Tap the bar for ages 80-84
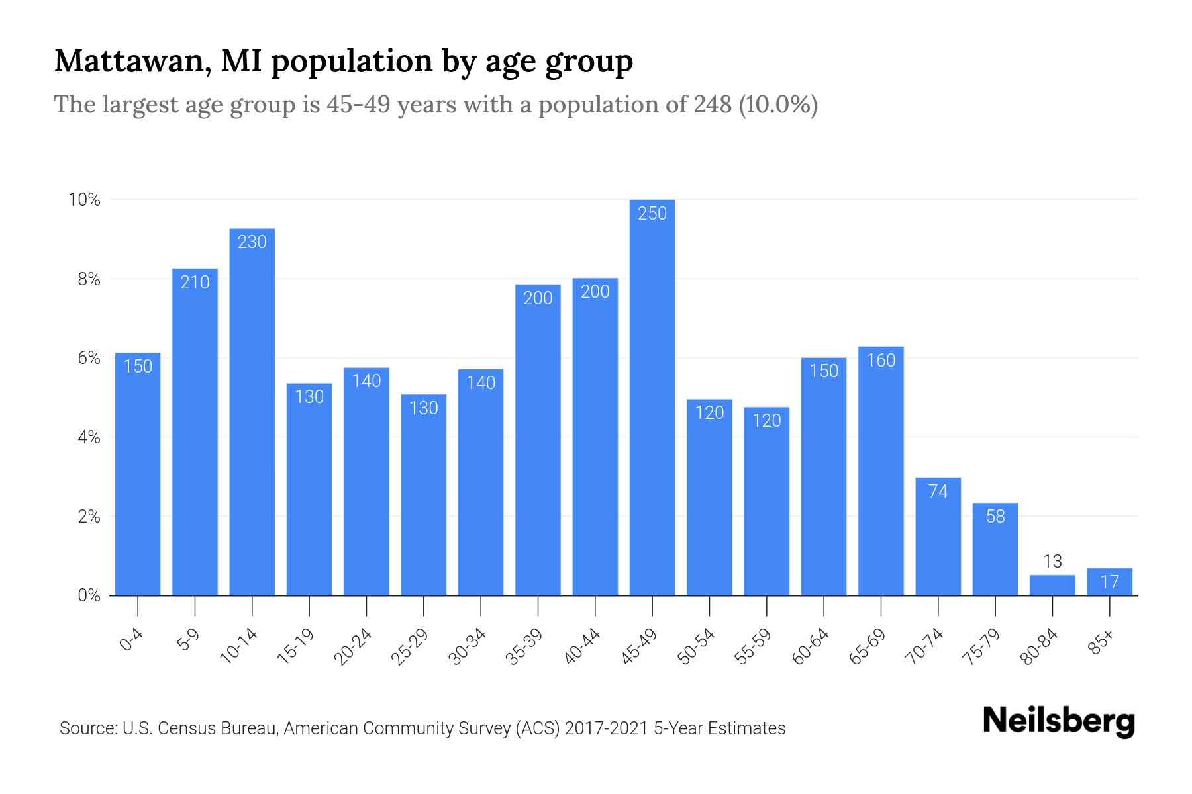coord(1052,586)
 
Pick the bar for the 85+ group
coord(1109,582)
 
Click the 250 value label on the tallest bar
coord(652,214)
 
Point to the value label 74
coord(938,492)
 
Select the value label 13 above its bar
coord(1052,562)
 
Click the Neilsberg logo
coord(1058,721)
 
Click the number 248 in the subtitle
coord(713,105)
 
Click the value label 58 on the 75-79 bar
coord(995,517)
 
